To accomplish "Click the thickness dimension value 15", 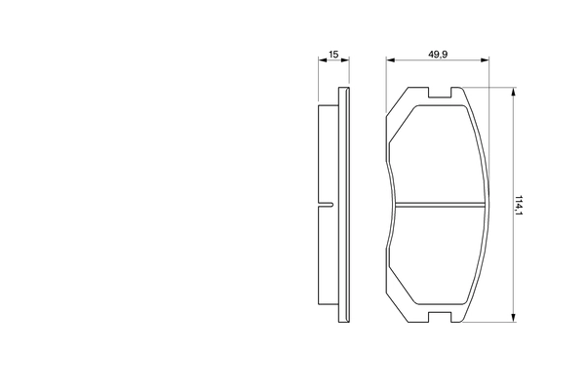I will point(333,54).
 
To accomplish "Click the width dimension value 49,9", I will point(438,54).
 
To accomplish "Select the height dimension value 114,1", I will point(520,205).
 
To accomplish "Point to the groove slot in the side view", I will point(327,204).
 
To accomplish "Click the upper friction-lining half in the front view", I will point(438,151).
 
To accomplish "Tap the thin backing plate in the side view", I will point(342,205).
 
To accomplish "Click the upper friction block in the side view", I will point(329,151).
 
